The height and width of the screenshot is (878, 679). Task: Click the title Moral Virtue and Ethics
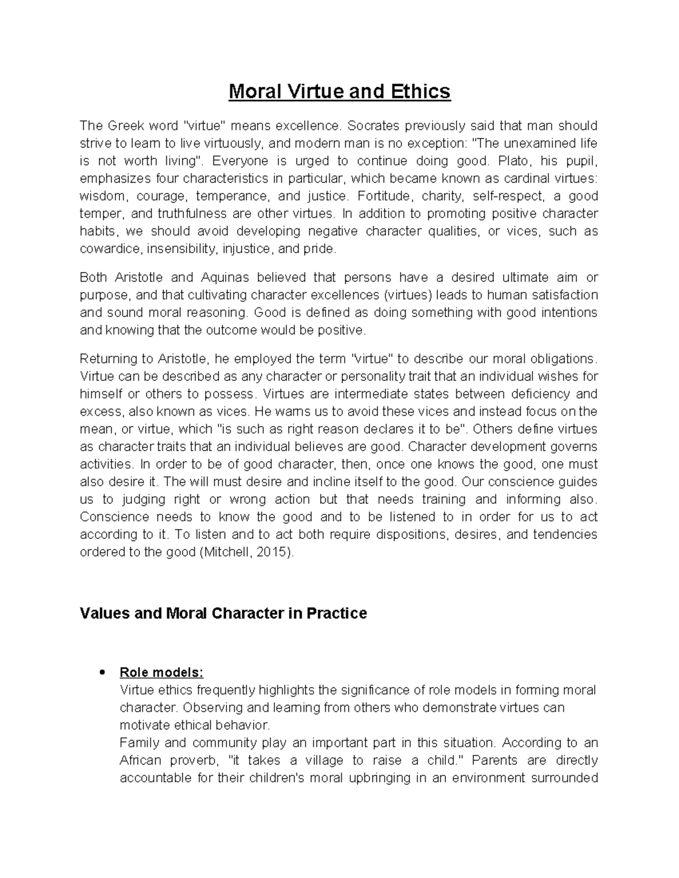click(x=339, y=92)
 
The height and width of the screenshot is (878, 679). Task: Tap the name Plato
click(x=513, y=161)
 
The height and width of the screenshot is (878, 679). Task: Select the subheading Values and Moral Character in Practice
click(x=224, y=613)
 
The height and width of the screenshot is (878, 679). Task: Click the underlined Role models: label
click(x=161, y=673)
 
